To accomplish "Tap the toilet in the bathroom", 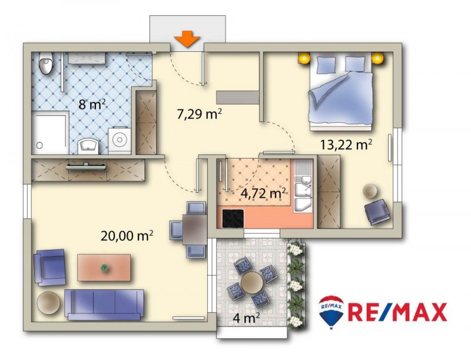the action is click(x=47, y=63).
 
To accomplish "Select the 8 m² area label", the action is click(x=92, y=104).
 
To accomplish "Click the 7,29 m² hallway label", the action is click(x=200, y=114).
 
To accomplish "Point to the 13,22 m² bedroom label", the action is click(x=346, y=144).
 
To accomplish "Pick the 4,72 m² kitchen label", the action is click(x=263, y=193).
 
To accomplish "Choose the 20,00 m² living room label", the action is click(x=127, y=236).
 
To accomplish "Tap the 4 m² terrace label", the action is click(x=246, y=318).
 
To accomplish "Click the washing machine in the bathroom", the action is click(x=120, y=140).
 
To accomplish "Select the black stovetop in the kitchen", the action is click(x=233, y=218).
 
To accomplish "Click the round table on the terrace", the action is click(x=252, y=282).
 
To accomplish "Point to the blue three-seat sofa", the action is click(x=104, y=304).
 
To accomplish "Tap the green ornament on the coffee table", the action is click(x=104, y=267).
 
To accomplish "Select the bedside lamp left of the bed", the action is click(x=304, y=57).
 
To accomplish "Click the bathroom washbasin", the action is click(x=88, y=146).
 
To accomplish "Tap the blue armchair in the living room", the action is click(x=49, y=267).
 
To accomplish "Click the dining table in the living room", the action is click(x=195, y=230).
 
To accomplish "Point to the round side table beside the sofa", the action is click(x=48, y=303).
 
